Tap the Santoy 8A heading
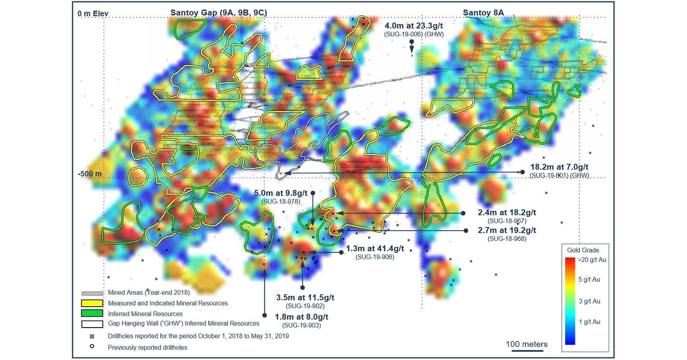point(484,12)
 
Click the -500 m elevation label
point(89,174)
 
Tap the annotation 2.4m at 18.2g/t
point(507,212)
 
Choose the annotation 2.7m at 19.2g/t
point(507,230)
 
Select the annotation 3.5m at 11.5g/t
point(305,297)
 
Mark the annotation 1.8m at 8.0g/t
point(302,317)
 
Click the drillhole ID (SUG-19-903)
point(302,326)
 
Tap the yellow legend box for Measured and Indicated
point(92,303)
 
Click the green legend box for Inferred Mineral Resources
point(92,314)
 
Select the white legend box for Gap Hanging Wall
point(92,324)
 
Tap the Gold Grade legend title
point(583,250)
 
